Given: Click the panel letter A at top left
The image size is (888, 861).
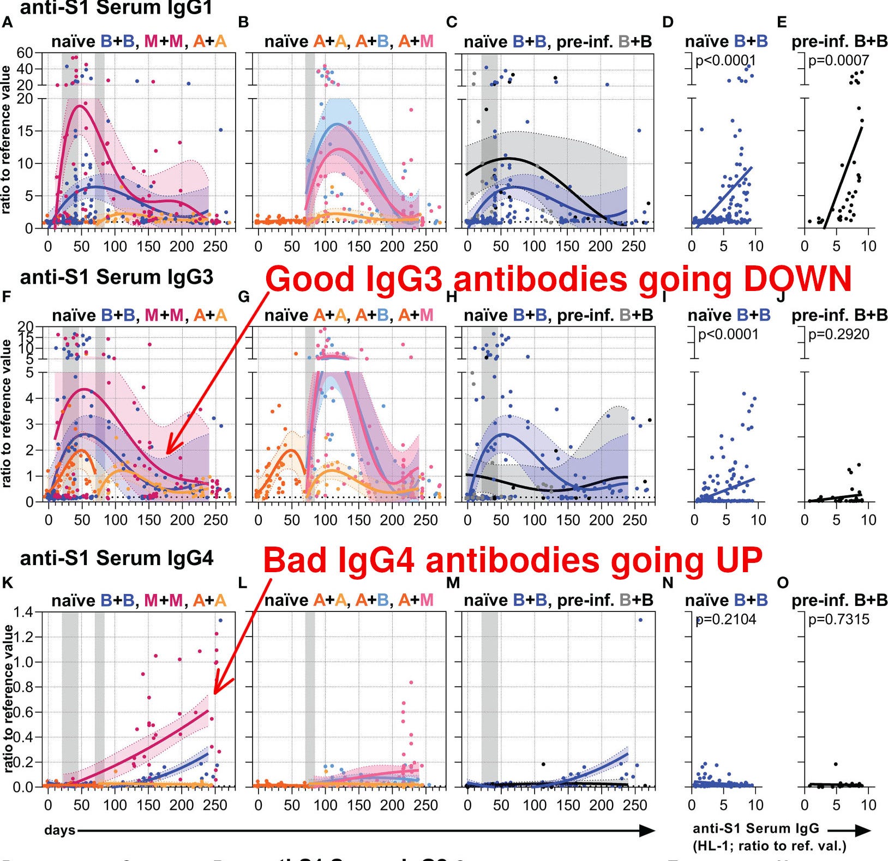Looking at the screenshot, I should [7, 22].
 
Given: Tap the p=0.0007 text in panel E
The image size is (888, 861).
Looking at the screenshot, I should [838, 60].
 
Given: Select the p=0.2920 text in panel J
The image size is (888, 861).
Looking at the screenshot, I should [838, 334].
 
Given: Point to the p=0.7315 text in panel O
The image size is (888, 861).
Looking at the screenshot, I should [838, 619].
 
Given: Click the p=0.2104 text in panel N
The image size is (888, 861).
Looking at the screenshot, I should [726, 619].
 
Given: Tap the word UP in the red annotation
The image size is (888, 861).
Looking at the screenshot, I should [734, 560].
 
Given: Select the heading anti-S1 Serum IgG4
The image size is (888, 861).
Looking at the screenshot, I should [117, 558].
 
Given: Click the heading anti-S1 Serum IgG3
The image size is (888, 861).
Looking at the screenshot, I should [117, 277].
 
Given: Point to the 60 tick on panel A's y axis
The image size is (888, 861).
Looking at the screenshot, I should [25, 53].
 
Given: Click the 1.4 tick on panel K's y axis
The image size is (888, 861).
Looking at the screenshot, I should [23, 612].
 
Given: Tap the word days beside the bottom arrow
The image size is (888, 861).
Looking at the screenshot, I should [59, 830].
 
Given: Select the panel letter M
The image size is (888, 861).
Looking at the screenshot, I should [453, 583].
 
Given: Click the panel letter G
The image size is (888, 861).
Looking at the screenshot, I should [244, 297].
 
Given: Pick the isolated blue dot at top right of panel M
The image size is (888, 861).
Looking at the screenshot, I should [640, 620].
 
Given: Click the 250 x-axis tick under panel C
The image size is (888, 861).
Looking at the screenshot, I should [634, 246].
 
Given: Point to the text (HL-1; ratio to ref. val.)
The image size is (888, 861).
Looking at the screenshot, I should [769, 846].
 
